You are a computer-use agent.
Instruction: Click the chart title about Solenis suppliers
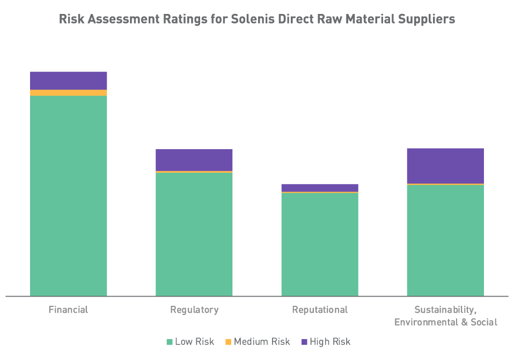256,19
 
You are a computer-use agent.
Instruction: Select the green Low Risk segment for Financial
69,196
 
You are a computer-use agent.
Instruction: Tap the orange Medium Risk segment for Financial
69,93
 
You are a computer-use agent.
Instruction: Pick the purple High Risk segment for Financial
69,80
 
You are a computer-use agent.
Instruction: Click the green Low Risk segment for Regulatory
194,234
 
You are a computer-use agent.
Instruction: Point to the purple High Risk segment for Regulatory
194,160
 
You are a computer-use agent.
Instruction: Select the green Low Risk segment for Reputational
320,244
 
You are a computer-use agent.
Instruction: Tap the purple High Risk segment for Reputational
320,187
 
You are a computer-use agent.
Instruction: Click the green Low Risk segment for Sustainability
445,240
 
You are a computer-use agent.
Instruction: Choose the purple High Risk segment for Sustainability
445,166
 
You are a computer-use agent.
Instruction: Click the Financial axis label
68,310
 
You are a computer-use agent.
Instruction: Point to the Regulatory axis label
194,310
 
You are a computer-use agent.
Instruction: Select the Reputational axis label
320,310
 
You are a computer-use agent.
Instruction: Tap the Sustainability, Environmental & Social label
445,316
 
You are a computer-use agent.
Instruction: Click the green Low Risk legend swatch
170,342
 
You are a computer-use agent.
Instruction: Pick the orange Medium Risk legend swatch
228,342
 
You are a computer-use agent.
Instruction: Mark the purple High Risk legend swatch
304,342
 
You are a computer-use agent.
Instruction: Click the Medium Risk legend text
262,342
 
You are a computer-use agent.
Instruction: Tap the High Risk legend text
330,342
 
